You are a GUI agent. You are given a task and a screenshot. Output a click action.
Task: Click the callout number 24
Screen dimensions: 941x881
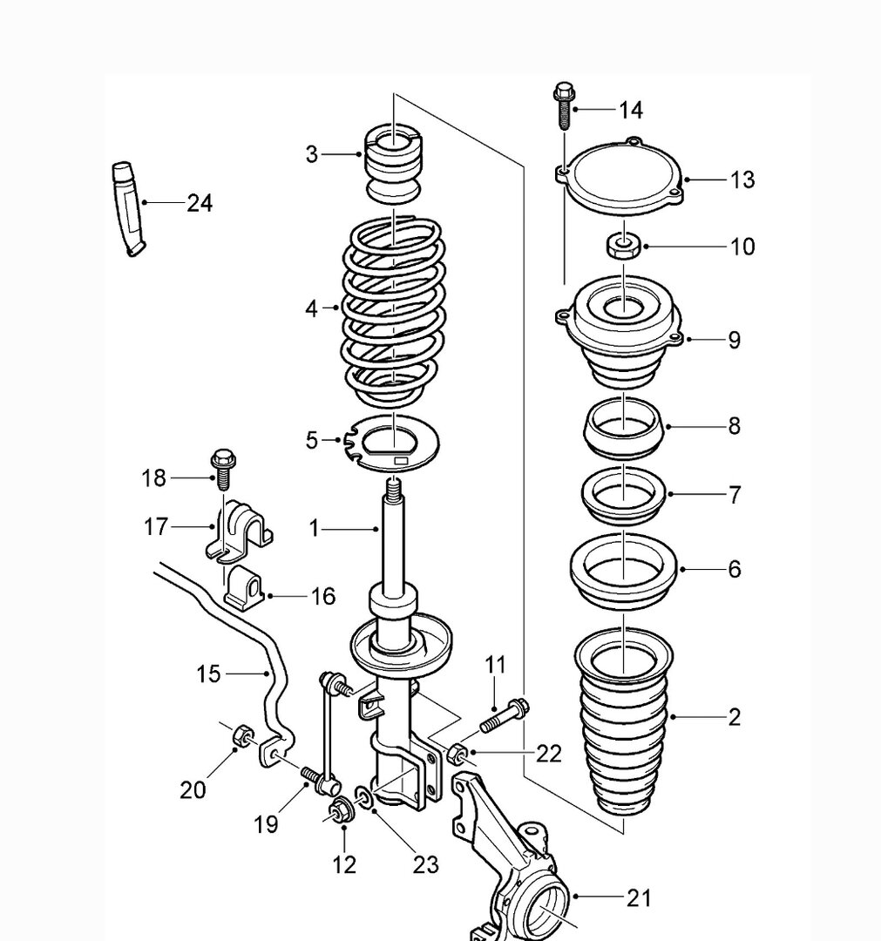point(200,203)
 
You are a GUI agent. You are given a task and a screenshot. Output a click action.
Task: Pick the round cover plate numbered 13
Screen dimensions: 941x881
point(621,178)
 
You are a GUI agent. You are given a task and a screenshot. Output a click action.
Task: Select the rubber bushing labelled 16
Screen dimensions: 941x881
point(246,587)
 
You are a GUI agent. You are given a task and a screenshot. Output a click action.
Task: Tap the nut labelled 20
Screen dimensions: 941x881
point(240,737)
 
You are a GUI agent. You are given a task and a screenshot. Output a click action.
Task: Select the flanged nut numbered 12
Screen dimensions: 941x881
point(337,814)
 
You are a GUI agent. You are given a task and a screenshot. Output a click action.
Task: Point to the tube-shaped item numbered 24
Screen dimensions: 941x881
point(129,207)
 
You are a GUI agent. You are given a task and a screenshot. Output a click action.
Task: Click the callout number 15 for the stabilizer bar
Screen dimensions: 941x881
point(209,674)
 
